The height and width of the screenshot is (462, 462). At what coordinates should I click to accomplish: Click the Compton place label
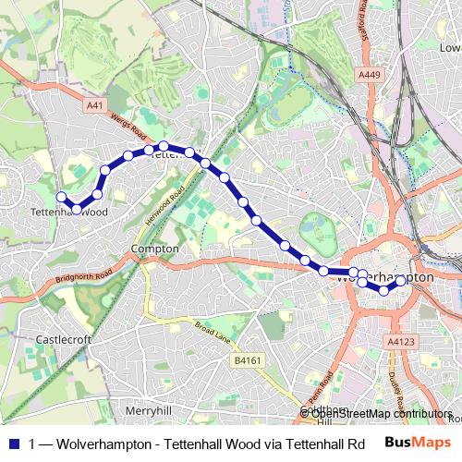coord(152,249)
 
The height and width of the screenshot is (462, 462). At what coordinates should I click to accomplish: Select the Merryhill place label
coord(149,409)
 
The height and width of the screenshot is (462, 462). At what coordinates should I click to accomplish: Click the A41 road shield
coord(94,106)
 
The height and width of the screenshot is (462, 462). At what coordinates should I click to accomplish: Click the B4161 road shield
coord(245,360)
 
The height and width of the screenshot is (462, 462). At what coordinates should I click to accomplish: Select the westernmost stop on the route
coord(62,196)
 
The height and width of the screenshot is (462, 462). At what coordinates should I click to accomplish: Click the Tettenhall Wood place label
coord(69,212)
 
